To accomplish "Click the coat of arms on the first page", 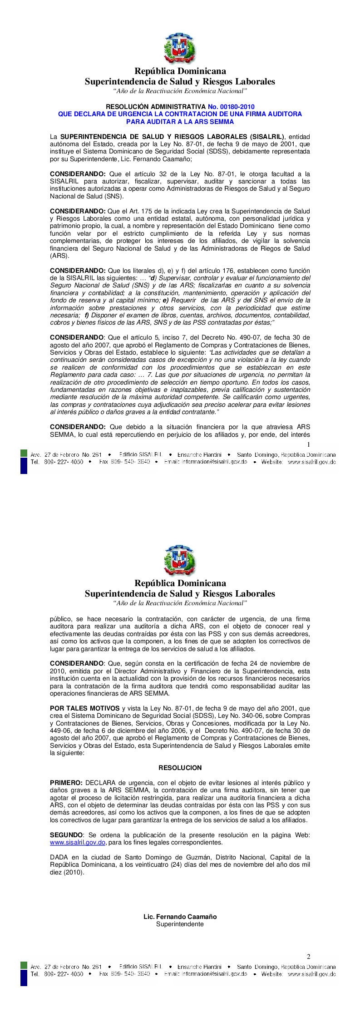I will click(x=180, y=48).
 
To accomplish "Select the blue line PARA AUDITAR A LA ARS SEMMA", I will click(x=180, y=122).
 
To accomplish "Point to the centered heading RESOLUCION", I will click(x=180, y=768).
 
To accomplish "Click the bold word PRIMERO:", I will click(x=66, y=783).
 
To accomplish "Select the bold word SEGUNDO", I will click(x=66, y=835).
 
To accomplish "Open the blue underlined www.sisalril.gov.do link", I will click(x=78, y=843).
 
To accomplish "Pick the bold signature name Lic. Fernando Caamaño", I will click(x=180, y=917).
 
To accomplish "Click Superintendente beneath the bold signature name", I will click(x=180, y=924).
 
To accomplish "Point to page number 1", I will click(x=309, y=445).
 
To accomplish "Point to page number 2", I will click(x=309, y=956).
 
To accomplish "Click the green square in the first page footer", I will click(x=24, y=453).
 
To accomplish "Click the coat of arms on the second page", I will click(x=180, y=560).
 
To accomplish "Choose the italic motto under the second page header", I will click(x=180, y=603).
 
